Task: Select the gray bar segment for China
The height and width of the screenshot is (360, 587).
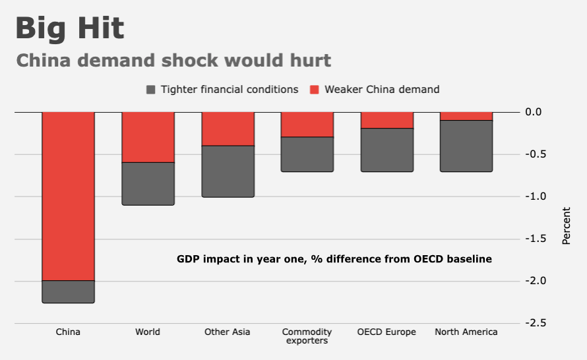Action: [69, 291]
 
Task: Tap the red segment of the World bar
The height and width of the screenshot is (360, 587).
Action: [148, 137]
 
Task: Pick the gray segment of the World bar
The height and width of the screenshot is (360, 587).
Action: [148, 183]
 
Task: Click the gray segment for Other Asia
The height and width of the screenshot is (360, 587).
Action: [228, 171]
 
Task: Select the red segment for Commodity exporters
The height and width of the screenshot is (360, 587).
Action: [307, 125]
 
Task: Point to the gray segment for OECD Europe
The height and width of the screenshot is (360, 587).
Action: [386, 150]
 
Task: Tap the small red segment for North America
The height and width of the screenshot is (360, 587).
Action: [466, 116]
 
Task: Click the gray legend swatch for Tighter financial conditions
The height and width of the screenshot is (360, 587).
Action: [151, 90]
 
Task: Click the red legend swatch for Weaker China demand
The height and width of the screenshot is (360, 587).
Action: [315, 90]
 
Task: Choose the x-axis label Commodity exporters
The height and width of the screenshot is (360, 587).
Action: [307, 336]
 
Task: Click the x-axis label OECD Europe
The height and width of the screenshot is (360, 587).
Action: [386, 332]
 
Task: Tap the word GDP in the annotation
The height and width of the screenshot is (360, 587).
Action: [188, 259]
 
